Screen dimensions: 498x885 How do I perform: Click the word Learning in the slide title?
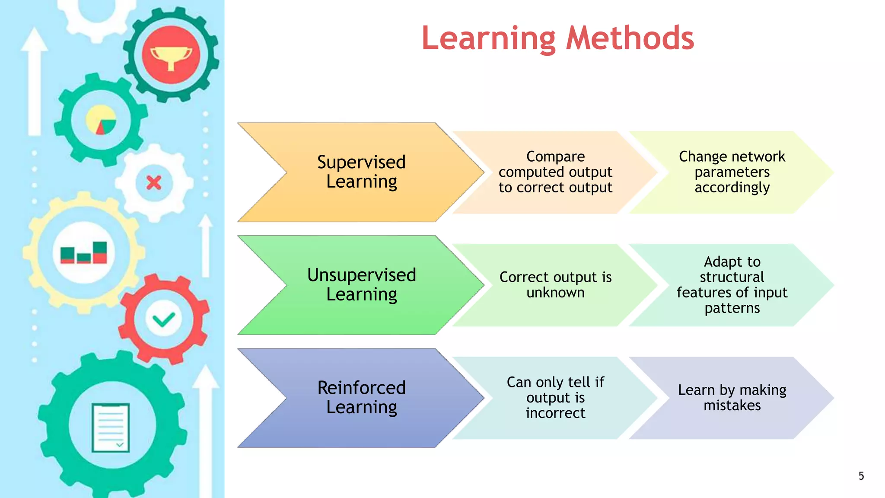coord(488,39)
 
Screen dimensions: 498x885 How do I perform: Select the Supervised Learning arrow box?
coord(361,172)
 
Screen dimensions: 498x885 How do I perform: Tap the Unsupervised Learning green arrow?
coord(361,285)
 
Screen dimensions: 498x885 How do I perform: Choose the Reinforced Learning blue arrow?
coord(361,398)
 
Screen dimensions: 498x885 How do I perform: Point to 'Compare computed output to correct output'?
coord(555,172)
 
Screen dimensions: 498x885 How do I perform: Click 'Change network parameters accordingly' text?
coord(732,172)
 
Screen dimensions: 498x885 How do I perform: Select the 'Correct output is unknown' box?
coord(555,285)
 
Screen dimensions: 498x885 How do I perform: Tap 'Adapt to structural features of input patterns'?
coord(732,285)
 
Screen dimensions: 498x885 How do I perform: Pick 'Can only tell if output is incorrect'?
coord(555,398)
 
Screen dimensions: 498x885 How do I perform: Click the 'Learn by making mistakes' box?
coord(732,398)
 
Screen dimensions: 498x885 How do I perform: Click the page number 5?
coord(861,476)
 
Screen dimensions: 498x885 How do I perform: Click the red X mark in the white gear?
coord(154,183)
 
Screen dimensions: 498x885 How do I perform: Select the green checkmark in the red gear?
coord(164,320)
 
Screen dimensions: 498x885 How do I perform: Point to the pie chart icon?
coord(101,120)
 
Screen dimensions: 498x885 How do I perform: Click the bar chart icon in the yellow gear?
coord(84,253)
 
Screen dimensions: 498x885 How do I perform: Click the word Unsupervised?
coord(361,275)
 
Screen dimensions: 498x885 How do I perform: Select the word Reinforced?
coord(361,388)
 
